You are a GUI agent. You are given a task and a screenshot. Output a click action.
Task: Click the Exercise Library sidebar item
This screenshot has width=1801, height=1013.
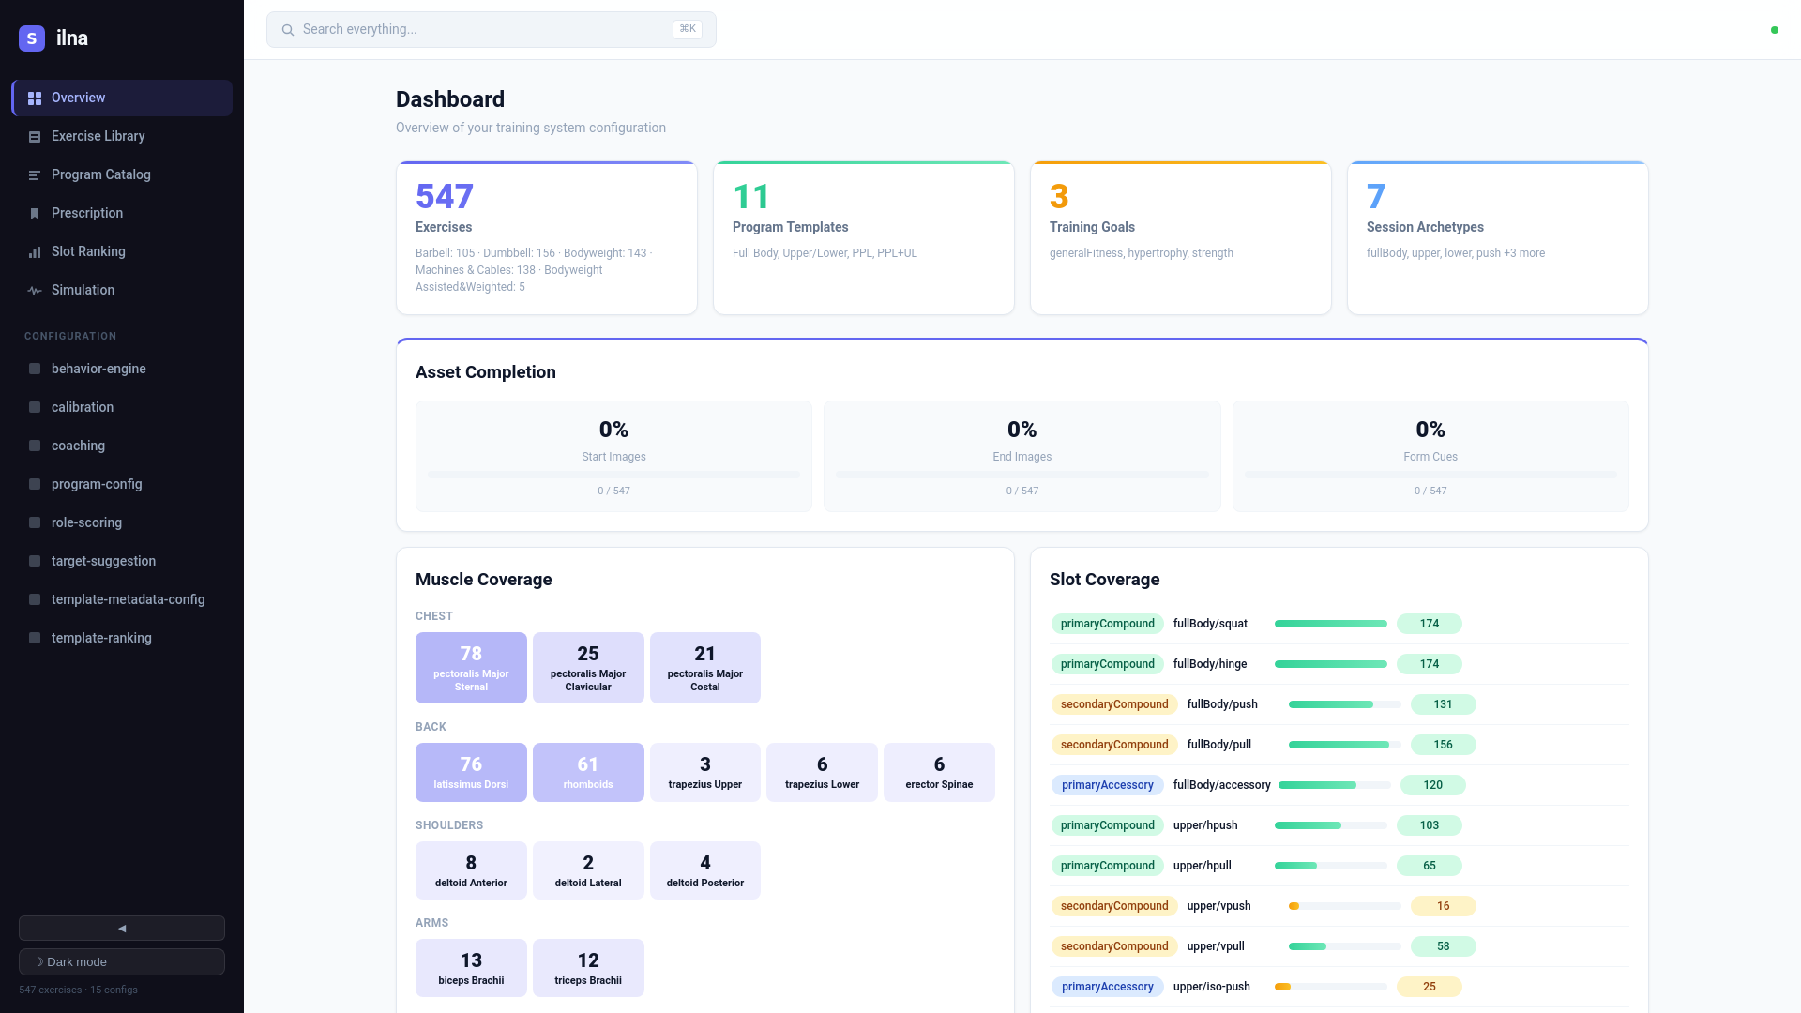pos(98,136)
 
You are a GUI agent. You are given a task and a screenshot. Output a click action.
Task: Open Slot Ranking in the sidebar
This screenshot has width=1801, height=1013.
pos(88,251)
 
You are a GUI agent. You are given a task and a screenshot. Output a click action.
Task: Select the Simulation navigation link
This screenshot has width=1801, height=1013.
pos(83,290)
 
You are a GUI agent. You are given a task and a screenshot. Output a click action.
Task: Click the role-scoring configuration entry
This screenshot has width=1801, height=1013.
pos(86,522)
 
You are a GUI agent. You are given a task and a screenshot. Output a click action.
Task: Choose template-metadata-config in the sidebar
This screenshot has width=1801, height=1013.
pos(128,599)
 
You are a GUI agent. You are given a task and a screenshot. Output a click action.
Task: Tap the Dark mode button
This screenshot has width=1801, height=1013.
pos(122,961)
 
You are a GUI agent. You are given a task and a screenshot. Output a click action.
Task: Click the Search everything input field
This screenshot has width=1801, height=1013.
pos(483,29)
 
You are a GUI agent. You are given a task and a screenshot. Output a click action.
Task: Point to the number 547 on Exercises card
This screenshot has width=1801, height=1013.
pos(445,196)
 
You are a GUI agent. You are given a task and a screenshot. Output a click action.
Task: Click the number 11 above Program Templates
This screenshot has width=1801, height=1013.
pos(750,196)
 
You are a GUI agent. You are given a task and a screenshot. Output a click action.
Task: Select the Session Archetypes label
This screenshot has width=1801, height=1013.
pos(1425,227)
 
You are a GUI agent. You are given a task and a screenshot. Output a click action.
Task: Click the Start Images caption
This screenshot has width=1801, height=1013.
pos(613,457)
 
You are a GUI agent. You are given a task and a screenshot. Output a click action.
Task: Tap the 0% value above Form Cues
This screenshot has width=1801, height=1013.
pos(1430,430)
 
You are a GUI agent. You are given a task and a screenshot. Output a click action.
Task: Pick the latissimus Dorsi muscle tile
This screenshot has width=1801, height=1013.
pos(471,772)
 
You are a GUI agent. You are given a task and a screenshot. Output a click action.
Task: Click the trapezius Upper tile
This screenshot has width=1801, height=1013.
pos(704,772)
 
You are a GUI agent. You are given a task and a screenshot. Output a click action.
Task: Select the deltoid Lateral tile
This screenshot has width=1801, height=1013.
pos(588,870)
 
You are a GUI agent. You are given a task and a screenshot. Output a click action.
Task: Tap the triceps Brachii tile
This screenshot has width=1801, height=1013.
pos(588,968)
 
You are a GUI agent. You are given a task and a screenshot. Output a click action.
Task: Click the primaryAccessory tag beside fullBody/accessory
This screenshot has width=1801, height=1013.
pos(1107,785)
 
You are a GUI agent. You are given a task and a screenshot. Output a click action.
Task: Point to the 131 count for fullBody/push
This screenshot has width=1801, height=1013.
pos(1443,704)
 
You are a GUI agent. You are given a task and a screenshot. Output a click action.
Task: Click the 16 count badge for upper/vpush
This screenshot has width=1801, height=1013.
pos(1443,906)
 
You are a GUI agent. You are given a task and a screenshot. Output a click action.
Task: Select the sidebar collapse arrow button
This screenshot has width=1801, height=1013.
pos(122,928)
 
